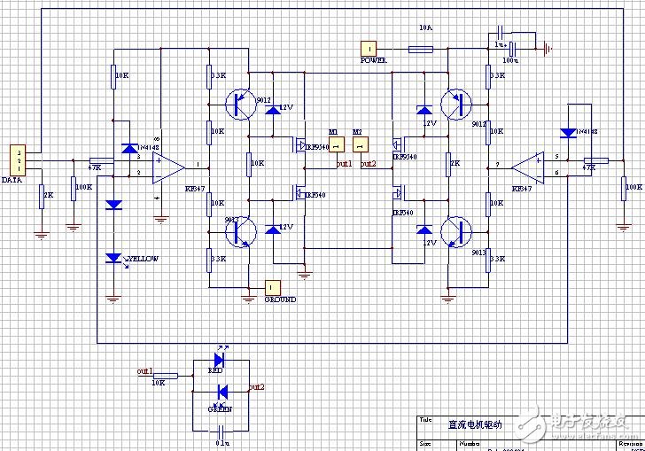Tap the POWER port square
click(x=369, y=48)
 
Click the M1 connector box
click(x=335, y=145)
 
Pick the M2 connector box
click(x=359, y=145)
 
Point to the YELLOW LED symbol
click(x=113, y=258)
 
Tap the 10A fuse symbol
click(x=420, y=50)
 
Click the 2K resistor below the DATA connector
click(x=41, y=195)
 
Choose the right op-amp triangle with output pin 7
click(x=529, y=166)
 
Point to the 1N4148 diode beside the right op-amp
click(x=568, y=133)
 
